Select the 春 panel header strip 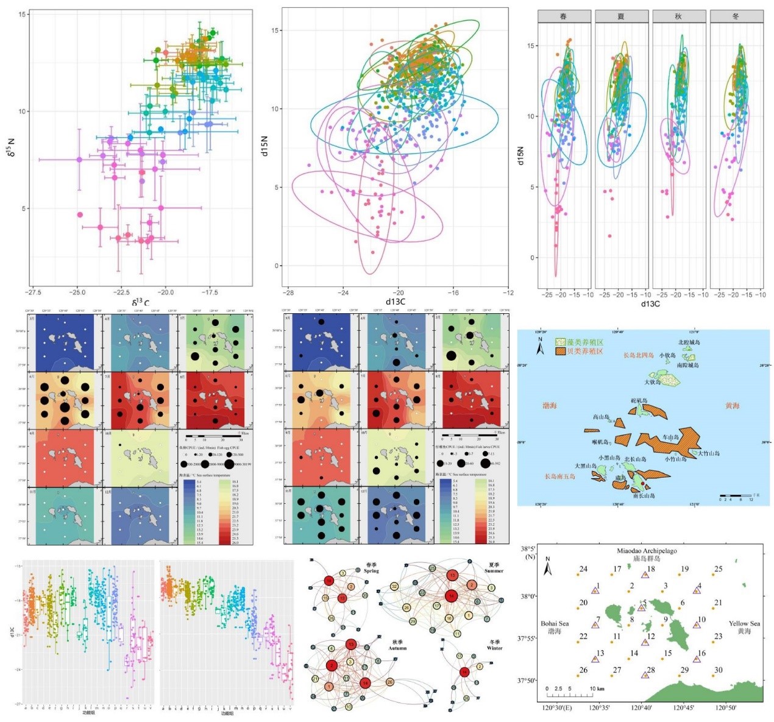[564, 16]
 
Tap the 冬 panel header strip [736, 16]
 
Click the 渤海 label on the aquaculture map [550, 405]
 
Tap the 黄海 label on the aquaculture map [732, 405]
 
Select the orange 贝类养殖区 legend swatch [561, 352]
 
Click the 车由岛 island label [670, 437]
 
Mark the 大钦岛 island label [653, 382]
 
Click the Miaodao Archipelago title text [647, 551]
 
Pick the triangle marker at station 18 [645, 575]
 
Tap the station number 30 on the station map [718, 670]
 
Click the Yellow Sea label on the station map [744, 623]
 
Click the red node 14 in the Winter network [464, 672]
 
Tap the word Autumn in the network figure [399, 648]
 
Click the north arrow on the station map [548, 567]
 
